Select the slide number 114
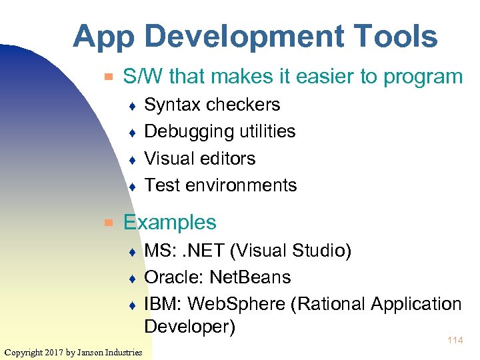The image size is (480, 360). click(x=455, y=341)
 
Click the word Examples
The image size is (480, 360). click(x=170, y=223)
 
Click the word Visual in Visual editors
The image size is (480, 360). click(x=167, y=159)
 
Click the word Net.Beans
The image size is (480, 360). click(x=251, y=277)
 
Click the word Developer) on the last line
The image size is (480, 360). click(x=190, y=327)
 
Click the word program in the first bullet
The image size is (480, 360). click(x=424, y=77)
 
